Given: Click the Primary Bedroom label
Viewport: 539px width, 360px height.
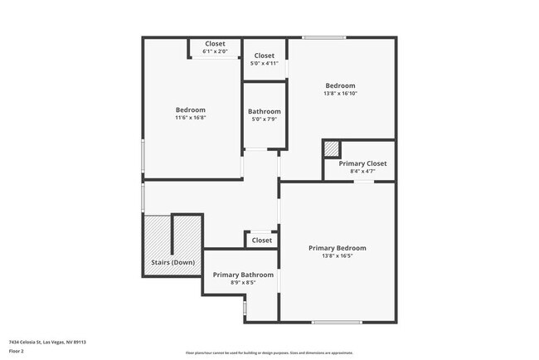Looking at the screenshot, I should click(337, 248).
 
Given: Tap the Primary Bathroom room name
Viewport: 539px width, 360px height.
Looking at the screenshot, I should click(243, 275).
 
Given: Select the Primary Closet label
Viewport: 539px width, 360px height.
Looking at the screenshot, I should click(363, 163).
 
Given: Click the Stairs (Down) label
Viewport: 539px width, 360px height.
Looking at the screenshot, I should click(172, 262).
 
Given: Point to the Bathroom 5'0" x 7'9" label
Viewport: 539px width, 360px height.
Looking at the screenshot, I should click(265, 111).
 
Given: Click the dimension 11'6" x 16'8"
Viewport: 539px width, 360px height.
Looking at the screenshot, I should click(190, 118).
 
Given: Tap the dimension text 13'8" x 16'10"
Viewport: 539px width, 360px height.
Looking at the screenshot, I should click(340, 94).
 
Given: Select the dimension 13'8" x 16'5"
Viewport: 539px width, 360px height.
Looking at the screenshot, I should click(337, 256).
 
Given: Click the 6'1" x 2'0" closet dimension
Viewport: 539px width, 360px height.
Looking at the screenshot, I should click(215, 51).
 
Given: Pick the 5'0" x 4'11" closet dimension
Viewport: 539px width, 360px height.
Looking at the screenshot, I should click(265, 63).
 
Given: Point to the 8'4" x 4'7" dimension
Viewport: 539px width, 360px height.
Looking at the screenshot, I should click(363, 172).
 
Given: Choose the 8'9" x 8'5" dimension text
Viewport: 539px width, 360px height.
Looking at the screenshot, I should click(243, 283).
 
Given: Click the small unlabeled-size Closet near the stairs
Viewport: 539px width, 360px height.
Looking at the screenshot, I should click(261, 241).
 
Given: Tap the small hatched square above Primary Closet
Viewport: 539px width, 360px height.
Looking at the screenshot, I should click(331, 148).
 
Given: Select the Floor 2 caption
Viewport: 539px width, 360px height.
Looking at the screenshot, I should click(17, 351).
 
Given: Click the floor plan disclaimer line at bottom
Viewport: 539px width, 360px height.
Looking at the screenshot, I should click(269, 353).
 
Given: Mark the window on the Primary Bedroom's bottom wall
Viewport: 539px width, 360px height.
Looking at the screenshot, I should click(337, 322).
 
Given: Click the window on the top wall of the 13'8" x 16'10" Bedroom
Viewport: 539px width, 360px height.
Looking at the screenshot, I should click(323, 37).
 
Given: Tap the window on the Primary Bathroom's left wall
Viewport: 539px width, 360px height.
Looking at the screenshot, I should click(245, 308).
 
